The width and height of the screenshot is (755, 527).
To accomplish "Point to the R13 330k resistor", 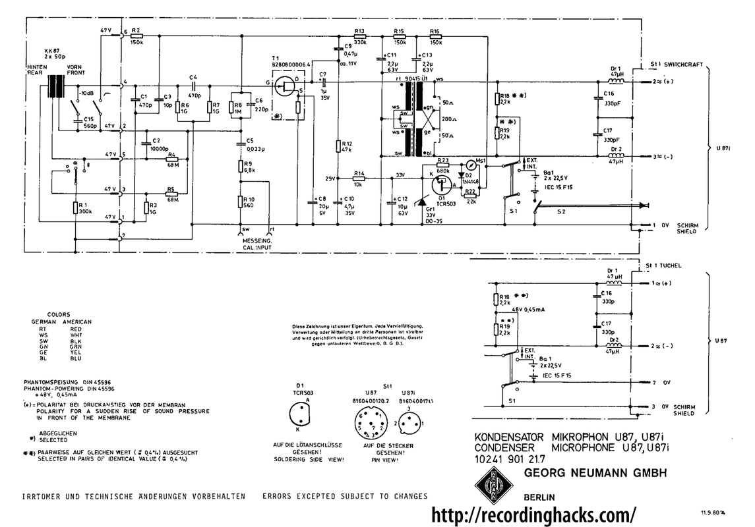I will point(360,37).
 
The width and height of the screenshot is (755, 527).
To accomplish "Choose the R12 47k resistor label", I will point(346,146).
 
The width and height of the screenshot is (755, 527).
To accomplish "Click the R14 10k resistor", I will point(359,179).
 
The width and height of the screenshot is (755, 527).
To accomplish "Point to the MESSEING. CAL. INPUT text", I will point(253,244).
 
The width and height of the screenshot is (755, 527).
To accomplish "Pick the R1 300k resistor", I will point(75,208).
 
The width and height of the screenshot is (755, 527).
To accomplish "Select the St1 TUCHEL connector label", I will point(667,265).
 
